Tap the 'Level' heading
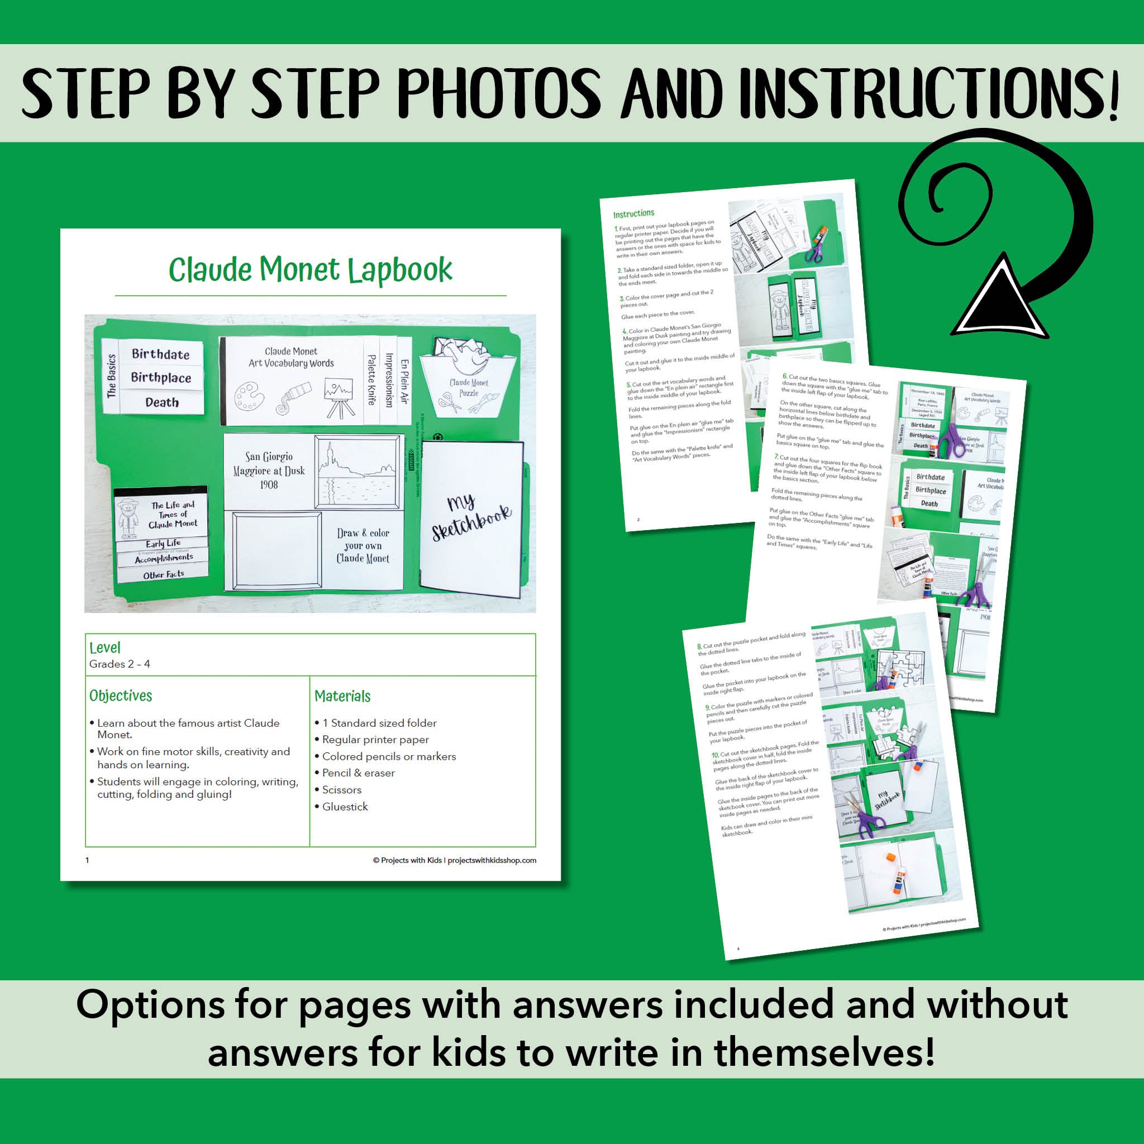105,647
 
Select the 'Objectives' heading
121,696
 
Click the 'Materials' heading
342,697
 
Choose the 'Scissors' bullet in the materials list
341,790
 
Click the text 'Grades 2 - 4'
120,664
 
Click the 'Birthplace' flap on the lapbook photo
160,378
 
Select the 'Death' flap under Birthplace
161,403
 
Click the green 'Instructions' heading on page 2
633,214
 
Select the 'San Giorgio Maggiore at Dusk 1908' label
269,471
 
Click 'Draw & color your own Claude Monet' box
363,546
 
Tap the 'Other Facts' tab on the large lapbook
164,574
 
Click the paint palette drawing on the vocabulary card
246,395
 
